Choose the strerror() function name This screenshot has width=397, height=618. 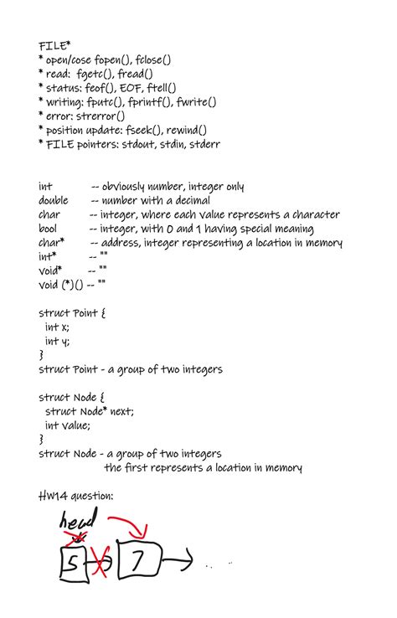click(103, 116)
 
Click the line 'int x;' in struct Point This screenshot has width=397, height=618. click(57, 327)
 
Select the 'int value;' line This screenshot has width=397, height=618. click(69, 425)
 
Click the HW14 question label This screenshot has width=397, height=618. click(76, 496)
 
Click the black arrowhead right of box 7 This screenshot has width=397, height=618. click(186, 559)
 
